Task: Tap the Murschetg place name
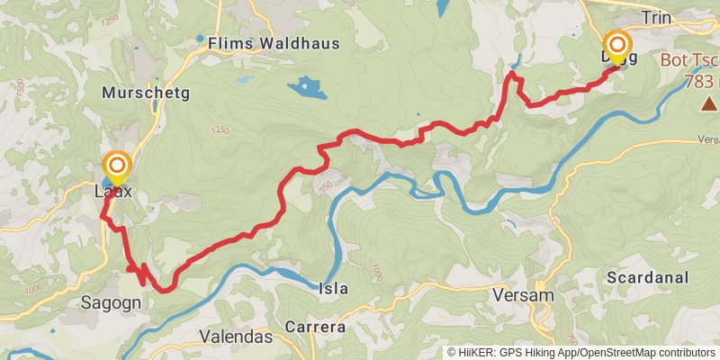click(x=146, y=93)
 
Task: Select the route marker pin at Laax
click(x=117, y=167)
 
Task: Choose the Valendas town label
click(x=235, y=337)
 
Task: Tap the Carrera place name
click(x=315, y=328)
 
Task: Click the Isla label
click(x=334, y=289)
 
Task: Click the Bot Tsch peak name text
click(x=689, y=61)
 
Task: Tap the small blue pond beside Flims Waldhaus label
click(x=200, y=39)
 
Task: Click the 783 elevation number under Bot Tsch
click(x=700, y=81)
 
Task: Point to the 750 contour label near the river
click(x=326, y=186)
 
